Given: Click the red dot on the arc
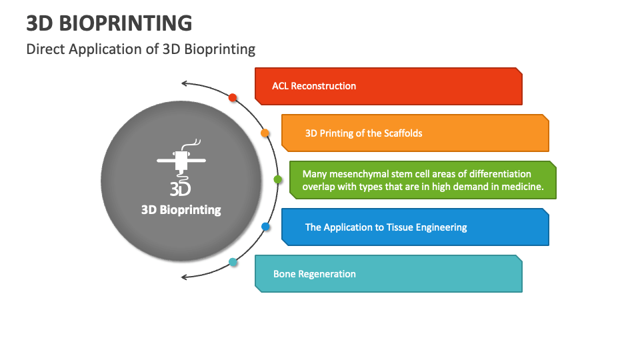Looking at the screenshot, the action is coord(233,97).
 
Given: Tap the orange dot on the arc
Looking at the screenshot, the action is coord(265,133).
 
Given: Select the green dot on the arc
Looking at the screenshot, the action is coord(277,179).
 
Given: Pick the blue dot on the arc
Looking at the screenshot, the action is coord(265,227).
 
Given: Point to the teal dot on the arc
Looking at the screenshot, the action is coord(233,262).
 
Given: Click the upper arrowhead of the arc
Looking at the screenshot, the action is coord(185,84).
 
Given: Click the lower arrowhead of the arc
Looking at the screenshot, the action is coord(185,277).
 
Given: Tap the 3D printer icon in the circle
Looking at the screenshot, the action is coord(181,167).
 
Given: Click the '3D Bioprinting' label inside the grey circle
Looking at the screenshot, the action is coord(181,210).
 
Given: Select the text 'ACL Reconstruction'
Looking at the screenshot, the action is coord(314,86).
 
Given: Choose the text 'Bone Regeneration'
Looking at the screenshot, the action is coord(314,274).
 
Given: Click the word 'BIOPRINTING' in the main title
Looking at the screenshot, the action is coord(126,23).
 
